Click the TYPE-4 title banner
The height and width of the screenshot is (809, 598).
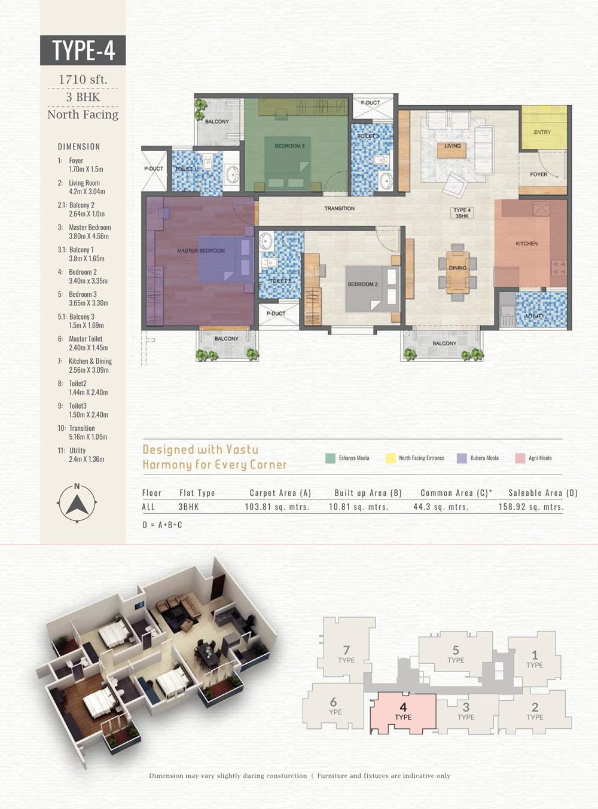(x=83, y=50)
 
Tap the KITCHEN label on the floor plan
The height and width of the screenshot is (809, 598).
(x=526, y=243)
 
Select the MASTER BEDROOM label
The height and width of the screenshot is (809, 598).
(x=201, y=250)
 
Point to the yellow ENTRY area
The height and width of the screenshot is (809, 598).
(x=544, y=127)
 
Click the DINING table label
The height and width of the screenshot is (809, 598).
(x=457, y=268)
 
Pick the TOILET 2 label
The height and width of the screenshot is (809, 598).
(x=280, y=281)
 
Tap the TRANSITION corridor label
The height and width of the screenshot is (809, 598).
(x=340, y=209)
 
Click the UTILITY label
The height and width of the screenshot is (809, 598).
(x=535, y=315)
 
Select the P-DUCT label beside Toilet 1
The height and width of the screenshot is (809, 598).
(x=154, y=168)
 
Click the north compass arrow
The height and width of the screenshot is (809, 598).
(x=77, y=504)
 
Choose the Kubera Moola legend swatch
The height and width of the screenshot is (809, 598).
(x=462, y=458)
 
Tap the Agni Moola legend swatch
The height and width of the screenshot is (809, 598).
(x=520, y=458)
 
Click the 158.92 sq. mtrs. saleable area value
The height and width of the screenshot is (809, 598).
(x=531, y=507)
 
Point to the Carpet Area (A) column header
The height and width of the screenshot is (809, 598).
(x=280, y=493)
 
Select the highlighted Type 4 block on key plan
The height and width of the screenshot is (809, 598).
(x=403, y=713)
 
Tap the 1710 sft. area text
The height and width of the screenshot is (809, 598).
(x=83, y=79)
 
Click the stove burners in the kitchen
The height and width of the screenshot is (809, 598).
(x=559, y=268)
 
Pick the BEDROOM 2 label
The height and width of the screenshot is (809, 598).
(x=362, y=284)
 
